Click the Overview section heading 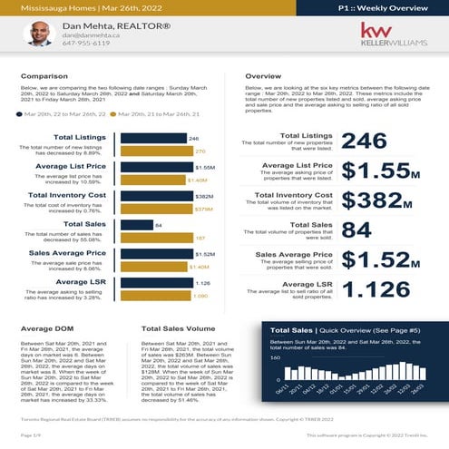263,77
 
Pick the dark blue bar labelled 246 152,139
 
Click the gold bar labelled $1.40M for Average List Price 152,181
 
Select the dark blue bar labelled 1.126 155,283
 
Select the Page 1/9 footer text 31,437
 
